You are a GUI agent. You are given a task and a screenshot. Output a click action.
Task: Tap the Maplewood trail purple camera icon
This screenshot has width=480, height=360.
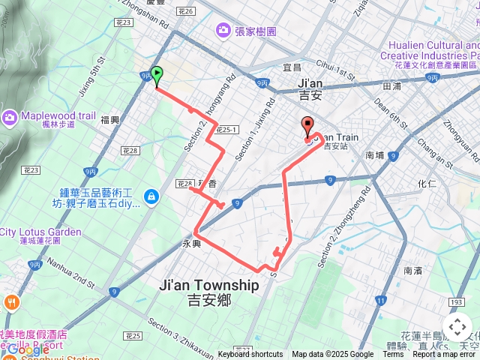coord(10,116)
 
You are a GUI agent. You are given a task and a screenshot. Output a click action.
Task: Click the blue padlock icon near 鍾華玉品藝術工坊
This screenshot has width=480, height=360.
coord(151,196)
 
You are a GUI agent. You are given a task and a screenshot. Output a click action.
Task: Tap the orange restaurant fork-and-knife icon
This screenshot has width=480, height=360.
coord(11,303)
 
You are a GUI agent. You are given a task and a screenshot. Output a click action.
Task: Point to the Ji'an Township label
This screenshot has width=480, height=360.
coord(209,286)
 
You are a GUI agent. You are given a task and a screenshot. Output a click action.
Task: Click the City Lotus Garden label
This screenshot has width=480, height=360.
coord(41,232)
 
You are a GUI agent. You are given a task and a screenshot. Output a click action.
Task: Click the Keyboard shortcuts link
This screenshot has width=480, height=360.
coord(250,355)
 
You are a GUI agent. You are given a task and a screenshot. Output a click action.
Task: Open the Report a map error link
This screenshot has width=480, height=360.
coord(445,355)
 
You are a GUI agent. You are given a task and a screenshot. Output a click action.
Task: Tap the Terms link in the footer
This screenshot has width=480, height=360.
coord(394,355)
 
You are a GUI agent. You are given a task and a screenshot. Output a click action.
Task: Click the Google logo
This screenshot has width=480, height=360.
coord(28,349)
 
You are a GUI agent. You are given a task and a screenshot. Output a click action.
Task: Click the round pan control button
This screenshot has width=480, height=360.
coord(457,327)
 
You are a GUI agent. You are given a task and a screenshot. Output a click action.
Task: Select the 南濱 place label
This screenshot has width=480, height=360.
coord(412,270)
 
